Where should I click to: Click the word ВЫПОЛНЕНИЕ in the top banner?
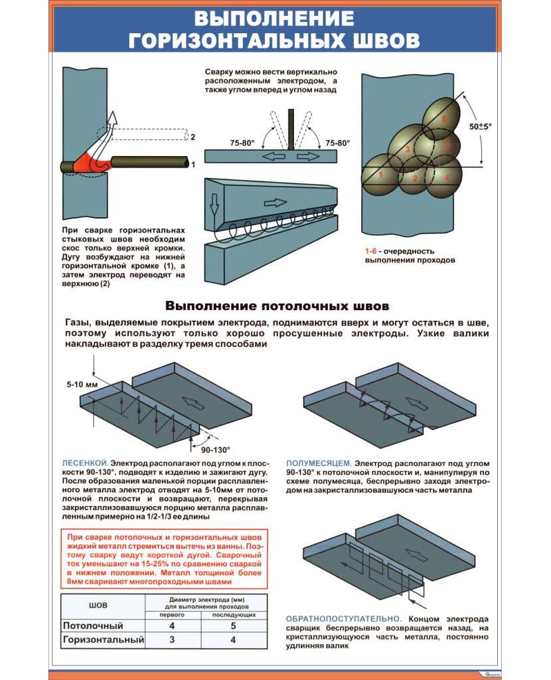point(273,17)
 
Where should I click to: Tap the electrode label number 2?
point(193,137)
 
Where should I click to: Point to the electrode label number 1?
point(193,163)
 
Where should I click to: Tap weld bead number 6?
point(444,119)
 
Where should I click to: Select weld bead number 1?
point(380,175)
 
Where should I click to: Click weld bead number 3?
point(408,149)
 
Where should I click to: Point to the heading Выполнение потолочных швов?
point(277,306)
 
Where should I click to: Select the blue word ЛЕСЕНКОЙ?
point(84,462)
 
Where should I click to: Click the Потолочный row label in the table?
point(93,626)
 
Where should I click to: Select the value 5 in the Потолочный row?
point(233,626)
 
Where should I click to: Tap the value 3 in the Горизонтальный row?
point(172,640)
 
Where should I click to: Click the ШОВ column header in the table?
point(98,606)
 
